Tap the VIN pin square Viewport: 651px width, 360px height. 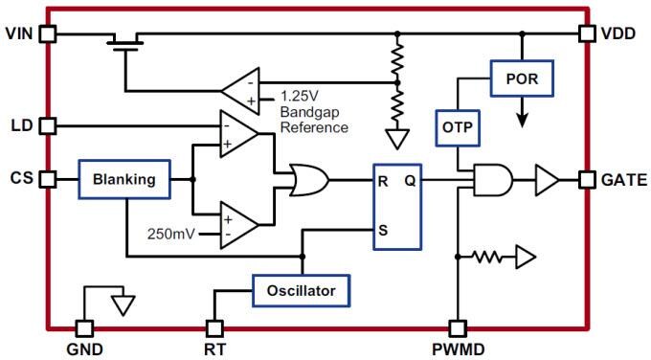[47, 34]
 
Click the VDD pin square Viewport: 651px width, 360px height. [587, 34]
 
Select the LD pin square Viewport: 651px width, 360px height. [47, 125]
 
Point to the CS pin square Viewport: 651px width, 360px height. [47, 179]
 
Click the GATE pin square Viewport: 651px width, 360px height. [587, 179]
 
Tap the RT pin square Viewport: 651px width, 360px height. [214, 326]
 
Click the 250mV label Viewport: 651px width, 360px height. [169, 233]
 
